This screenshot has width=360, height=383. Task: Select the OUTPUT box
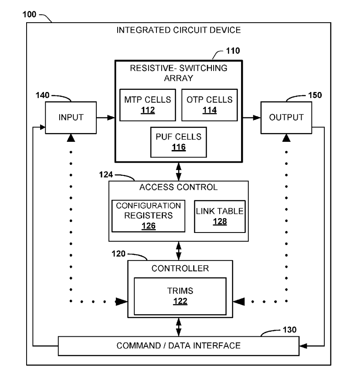[x=286, y=117]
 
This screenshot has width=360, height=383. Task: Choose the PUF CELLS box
[x=179, y=142]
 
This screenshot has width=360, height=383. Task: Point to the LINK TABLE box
[x=219, y=215]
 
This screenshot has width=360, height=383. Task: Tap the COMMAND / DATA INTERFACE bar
[x=179, y=346]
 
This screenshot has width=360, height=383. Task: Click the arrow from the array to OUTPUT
[x=251, y=117]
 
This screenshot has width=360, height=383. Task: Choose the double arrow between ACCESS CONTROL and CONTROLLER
[x=179, y=250]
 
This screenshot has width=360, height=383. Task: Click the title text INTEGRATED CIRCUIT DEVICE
[x=179, y=31]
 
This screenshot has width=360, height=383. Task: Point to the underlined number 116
[x=179, y=147]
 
